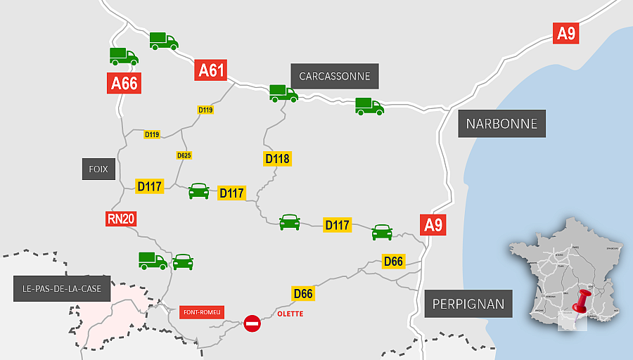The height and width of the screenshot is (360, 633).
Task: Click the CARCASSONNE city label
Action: [334, 76]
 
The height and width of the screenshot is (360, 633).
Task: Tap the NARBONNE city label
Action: [501, 124]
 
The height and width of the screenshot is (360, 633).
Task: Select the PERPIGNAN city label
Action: [468, 304]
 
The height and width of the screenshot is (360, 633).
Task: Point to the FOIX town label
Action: [98, 169]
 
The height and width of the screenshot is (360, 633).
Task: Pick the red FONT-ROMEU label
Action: [203, 311]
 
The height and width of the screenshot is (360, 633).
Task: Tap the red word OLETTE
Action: [290, 314]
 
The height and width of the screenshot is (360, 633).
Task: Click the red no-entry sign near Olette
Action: [252, 323]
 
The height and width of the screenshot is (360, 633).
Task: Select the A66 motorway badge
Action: [124, 83]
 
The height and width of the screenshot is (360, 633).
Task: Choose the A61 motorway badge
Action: [212, 70]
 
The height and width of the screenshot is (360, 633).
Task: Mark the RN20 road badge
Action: [121, 219]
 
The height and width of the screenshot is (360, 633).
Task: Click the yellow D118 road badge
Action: [277, 159]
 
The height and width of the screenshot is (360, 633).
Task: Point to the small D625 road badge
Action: [184, 155]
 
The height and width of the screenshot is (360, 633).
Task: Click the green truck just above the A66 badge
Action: [124, 56]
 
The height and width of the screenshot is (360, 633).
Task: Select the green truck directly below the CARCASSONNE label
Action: [283, 93]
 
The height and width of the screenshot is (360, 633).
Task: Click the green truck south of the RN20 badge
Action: [153, 261]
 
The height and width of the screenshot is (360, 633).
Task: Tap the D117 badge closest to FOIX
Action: [150, 186]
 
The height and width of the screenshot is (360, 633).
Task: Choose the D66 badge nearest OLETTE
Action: [302, 293]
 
